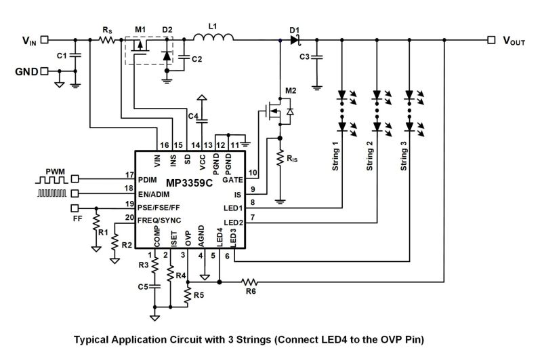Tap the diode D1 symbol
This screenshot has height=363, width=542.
point(294,40)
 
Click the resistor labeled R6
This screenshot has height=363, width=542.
point(250,281)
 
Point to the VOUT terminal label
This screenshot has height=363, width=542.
point(514,41)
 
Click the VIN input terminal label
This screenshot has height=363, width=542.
point(29,41)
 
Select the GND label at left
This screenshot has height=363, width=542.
point(25,71)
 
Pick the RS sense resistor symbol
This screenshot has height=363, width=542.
point(107,40)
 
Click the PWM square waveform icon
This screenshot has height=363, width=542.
point(52,179)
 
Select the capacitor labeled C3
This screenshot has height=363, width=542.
point(316,58)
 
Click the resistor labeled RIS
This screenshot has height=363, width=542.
point(280,160)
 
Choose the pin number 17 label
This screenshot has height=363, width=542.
point(128,175)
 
